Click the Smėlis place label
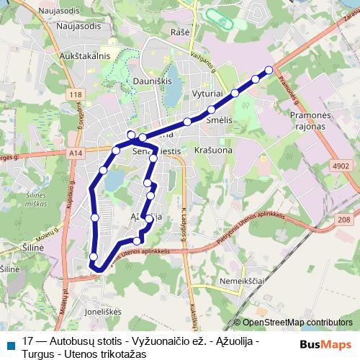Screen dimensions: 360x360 point(218,121)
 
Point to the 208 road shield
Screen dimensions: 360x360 point(343,220)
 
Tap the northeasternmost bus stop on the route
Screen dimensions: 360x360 point(269,70)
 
